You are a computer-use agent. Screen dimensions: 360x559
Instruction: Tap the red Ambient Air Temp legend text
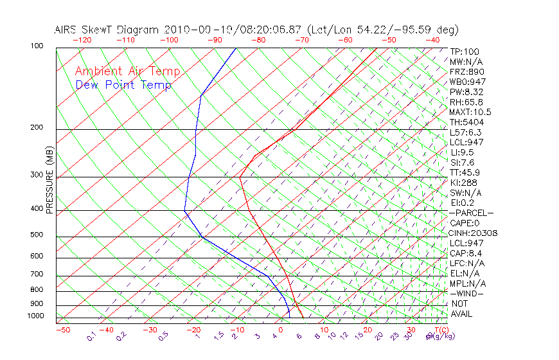click(127, 71)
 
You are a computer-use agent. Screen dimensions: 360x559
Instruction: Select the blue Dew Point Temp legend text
click(123, 85)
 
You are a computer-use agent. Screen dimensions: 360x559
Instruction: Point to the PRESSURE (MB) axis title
click(49, 179)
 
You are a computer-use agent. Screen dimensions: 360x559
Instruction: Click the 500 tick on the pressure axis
click(37, 235)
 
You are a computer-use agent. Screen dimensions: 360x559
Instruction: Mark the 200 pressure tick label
click(37, 127)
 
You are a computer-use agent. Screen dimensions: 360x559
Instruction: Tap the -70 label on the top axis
click(301, 40)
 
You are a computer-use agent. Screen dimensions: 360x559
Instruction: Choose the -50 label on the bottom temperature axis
click(62, 330)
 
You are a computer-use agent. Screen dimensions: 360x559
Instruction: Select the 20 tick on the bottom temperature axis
click(367, 330)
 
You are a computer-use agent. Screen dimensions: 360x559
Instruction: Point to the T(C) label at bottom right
click(437, 330)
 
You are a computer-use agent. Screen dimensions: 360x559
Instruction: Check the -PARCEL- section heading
click(471, 213)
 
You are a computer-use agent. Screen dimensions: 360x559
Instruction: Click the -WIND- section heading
click(466, 293)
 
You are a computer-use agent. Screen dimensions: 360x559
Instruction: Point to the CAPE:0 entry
click(465, 223)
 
